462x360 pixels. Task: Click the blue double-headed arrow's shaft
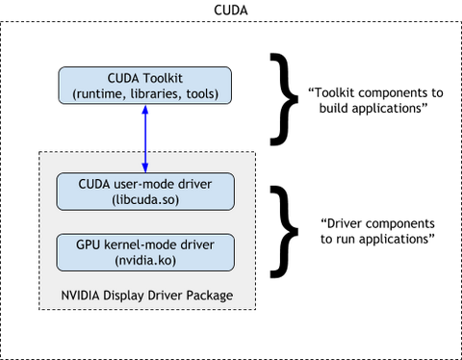tap(146, 139)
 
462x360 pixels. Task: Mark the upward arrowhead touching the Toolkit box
tap(146, 110)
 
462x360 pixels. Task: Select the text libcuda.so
tap(146, 199)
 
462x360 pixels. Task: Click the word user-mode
tap(150, 183)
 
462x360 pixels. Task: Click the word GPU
tap(89, 244)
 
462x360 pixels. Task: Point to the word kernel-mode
tap(141, 244)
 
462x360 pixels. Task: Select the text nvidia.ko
tap(146, 260)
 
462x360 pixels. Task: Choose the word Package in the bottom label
tap(210, 295)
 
